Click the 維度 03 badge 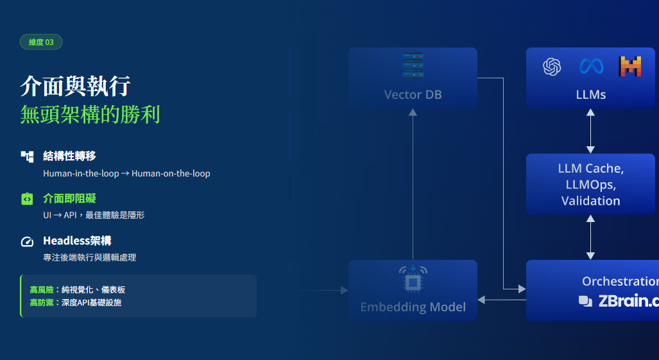[41, 42]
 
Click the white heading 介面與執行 [75, 86]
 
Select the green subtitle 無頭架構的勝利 [90, 115]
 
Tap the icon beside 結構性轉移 [27, 157]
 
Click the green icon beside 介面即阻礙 [27, 199]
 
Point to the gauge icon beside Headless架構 [27, 242]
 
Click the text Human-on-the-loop [171, 173]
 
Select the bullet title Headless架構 [77, 241]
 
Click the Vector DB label [413, 95]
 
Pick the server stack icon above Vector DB [413, 66]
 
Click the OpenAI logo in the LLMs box [552, 67]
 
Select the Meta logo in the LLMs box [591, 66]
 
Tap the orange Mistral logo [630, 67]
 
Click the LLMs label [590, 95]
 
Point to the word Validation [590, 201]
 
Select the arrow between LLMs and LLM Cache [590, 131]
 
